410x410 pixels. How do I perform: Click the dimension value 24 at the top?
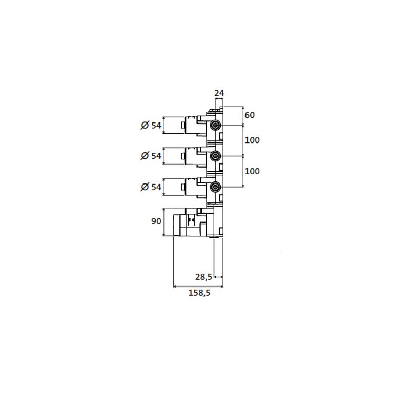coord(219,93)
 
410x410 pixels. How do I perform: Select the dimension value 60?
coord(250,115)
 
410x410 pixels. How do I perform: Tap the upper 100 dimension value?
coord(252,140)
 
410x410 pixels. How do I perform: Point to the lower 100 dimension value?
coord(252,171)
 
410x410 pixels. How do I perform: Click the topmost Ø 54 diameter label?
coord(151,126)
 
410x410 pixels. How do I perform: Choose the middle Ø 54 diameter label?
coord(151,156)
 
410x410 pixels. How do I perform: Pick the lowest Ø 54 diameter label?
coord(151,187)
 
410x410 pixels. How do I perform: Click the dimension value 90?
coord(156,221)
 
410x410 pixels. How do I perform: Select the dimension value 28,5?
coord(203,277)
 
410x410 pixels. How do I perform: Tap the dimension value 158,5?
coord(199,293)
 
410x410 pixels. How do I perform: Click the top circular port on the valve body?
coord(215,125)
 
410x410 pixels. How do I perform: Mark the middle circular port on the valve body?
coord(215,156)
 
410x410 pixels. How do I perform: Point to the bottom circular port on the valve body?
coord(215,187)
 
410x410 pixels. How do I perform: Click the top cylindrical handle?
coord(174,125)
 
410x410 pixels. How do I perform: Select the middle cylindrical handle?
coord(174,156)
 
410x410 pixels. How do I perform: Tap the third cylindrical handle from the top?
coord(174,187)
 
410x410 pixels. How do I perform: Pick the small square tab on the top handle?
coord(183,125)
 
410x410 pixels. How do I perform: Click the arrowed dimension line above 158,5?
coord(198,286)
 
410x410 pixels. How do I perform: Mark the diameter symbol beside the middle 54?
coord(145,156)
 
